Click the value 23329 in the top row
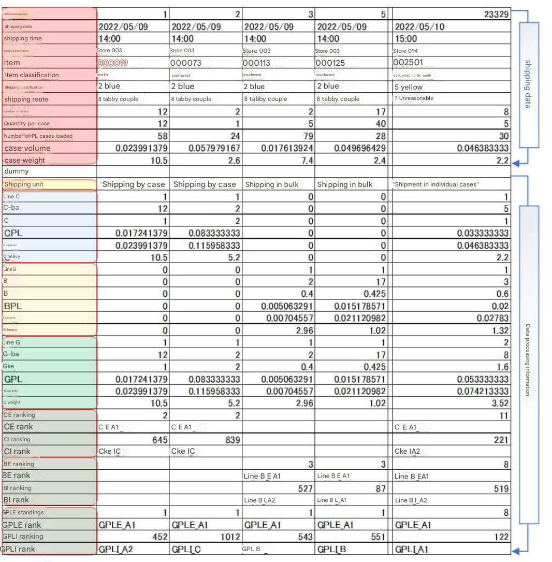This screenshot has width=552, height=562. tap(496, 15)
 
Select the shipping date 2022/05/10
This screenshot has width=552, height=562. tap(419, 27)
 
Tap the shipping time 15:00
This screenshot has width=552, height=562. tap(405, 39)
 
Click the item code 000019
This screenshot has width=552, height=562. tap(112, 63)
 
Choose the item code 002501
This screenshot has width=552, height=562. tap(409, 63)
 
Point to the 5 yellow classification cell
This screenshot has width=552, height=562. tap(409, 87)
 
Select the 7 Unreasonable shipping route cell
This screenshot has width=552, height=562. tap(414, 98)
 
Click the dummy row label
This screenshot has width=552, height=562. tap(17, 171)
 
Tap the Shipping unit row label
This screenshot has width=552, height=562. tap(24, 184)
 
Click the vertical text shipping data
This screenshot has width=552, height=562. tap(529, 84)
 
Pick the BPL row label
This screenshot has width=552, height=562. tap(13, 306)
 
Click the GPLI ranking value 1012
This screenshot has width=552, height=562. tap(230, 537)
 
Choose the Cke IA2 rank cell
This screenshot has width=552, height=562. tap(408, 452)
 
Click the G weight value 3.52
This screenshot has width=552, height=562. tap(500, 403)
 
